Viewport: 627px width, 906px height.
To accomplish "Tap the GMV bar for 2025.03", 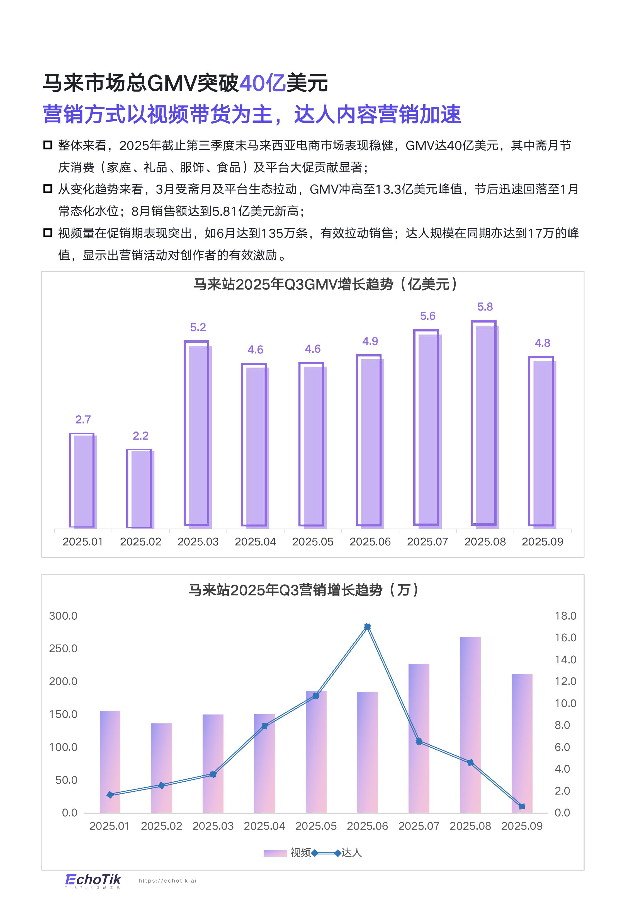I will coord(198,434).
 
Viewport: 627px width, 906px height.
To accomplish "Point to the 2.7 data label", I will coord(83,420).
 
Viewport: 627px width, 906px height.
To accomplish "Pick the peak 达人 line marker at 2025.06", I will coord(367,627).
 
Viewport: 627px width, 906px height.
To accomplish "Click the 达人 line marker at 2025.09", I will coord(522,806).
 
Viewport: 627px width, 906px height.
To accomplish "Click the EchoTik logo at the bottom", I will coord(93,880).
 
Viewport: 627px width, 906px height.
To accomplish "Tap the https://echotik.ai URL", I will coord(167,881).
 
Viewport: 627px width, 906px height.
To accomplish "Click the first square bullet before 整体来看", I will coord(48,145).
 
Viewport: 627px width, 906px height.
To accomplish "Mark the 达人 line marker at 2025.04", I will coord(264,726).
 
